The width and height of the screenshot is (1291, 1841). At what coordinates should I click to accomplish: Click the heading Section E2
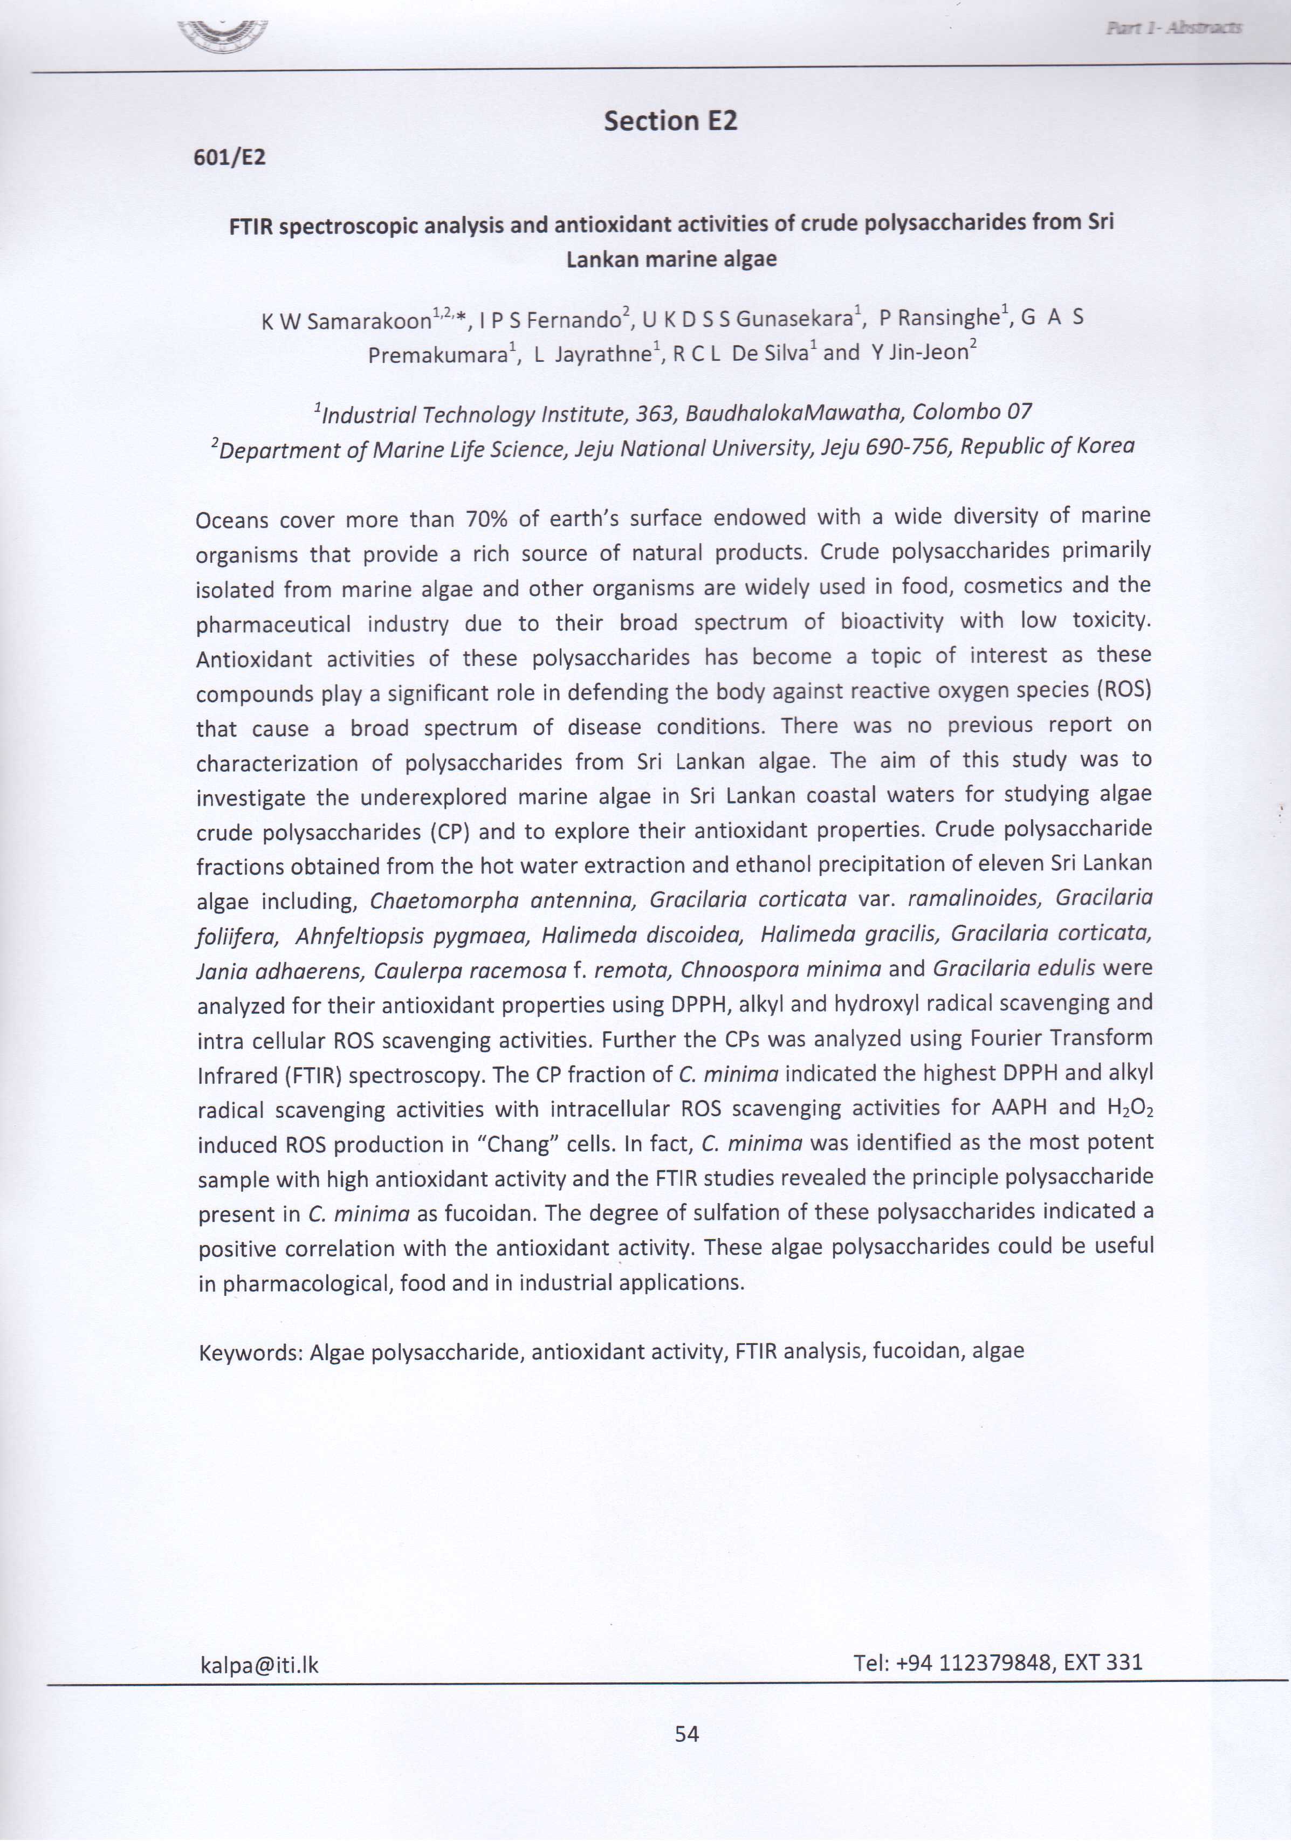670,121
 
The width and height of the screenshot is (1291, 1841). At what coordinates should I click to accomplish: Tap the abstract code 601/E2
229,157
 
